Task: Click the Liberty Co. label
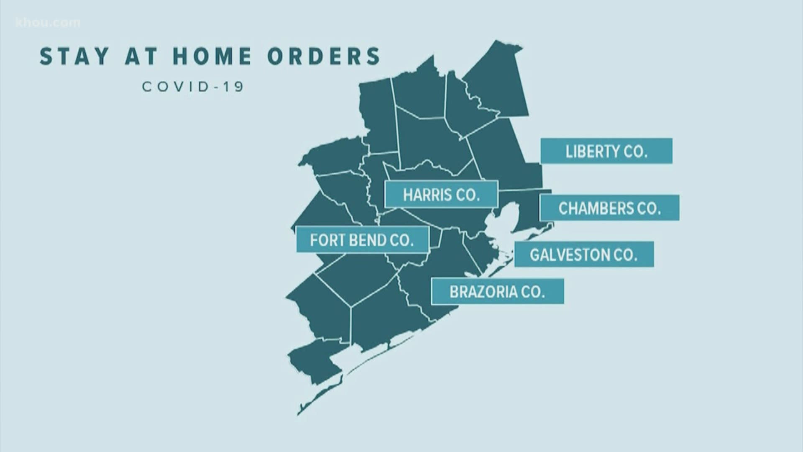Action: pos(606,151)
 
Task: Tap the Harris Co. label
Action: pos(441,195)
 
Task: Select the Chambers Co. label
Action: pos(609,208)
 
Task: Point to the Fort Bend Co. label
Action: pos(362,240)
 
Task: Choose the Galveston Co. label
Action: pos(584,254)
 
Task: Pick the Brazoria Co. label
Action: pos(497,291)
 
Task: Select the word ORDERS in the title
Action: pos(324,56)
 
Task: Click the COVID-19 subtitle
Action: pos(193,87)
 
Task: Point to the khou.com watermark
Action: pos(48,22)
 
